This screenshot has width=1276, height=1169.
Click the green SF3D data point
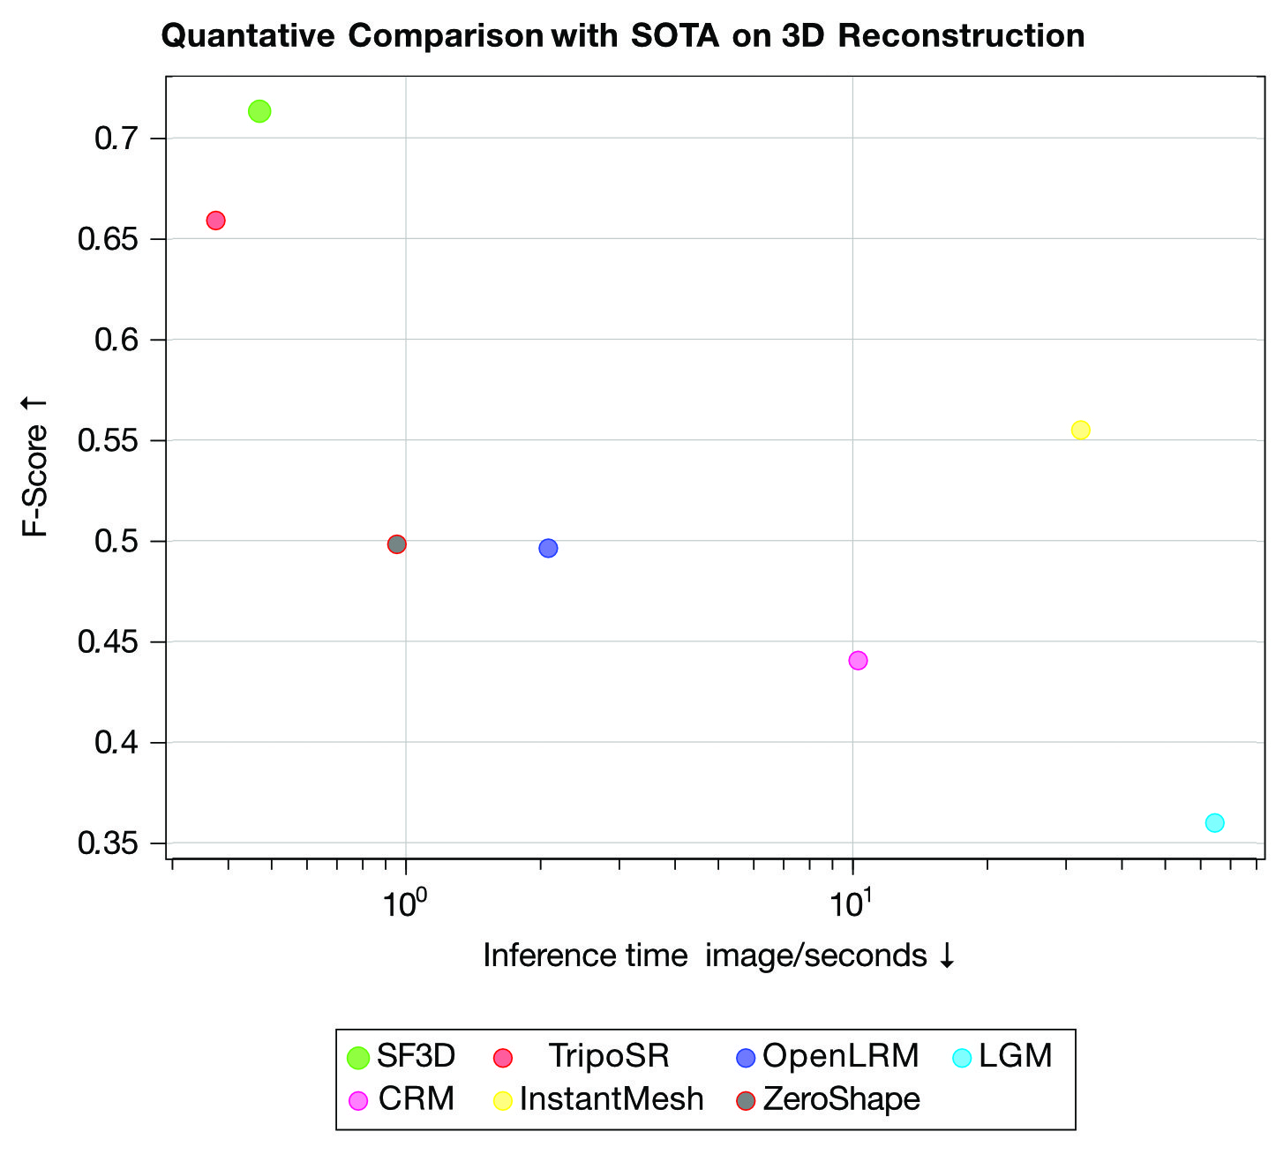pyautogui.click(x=259, y=111)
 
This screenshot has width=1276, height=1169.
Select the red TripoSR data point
pyautogui.click(x=215, y=221)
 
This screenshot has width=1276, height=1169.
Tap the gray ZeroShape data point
pyautogui.click(x=397, y=544)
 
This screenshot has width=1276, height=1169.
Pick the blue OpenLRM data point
pyautogui.click(x=548, y=548)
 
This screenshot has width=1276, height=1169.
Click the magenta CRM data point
pyautogui.click(x=858, y=660)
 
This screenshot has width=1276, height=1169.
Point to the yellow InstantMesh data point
pyautogui.click(x=1080, y=430)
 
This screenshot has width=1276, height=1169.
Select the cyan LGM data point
pyautogui.click(x=1214, y=822)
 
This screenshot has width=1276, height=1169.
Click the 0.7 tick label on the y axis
pyautogui.click(x=116, y=139)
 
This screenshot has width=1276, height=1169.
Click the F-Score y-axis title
pyautogui.click(x=35, y=467)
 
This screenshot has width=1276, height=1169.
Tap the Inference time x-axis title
pyautogui.click(x=718, y=955)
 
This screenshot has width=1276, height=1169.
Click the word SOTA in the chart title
pyautogui.click(x=675, y=36)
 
